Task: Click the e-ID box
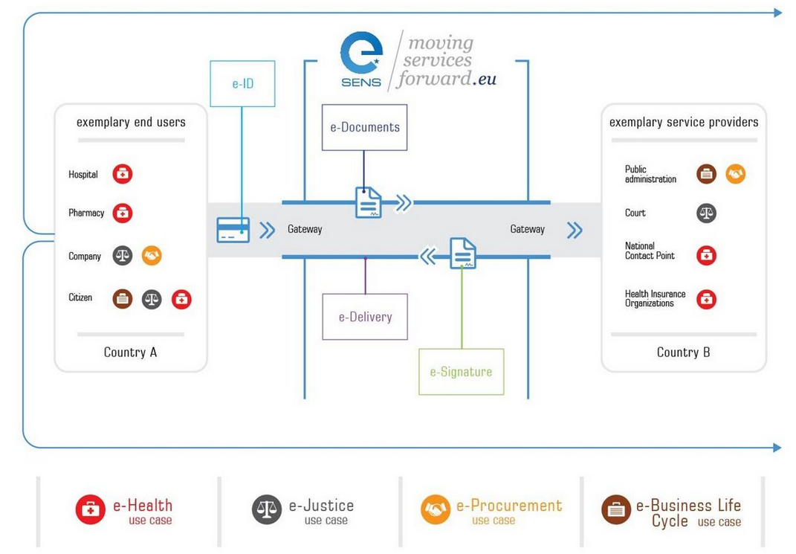242,84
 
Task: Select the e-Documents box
364,127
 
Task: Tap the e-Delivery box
365,317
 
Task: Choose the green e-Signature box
461,372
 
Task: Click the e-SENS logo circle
361,53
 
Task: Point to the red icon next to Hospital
123,174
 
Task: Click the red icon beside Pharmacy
123,213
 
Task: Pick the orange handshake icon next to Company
152,256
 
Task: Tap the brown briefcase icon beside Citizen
123,299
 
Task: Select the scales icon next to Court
706,213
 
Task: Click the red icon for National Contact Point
706,255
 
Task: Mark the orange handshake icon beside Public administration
735,174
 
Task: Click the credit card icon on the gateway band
233,230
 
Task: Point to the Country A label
130,352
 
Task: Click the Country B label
683,352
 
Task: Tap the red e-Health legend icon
91,510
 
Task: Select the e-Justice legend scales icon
267,510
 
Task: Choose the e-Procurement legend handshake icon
436,510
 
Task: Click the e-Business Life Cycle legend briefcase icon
616,510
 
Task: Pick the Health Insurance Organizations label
655,299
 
